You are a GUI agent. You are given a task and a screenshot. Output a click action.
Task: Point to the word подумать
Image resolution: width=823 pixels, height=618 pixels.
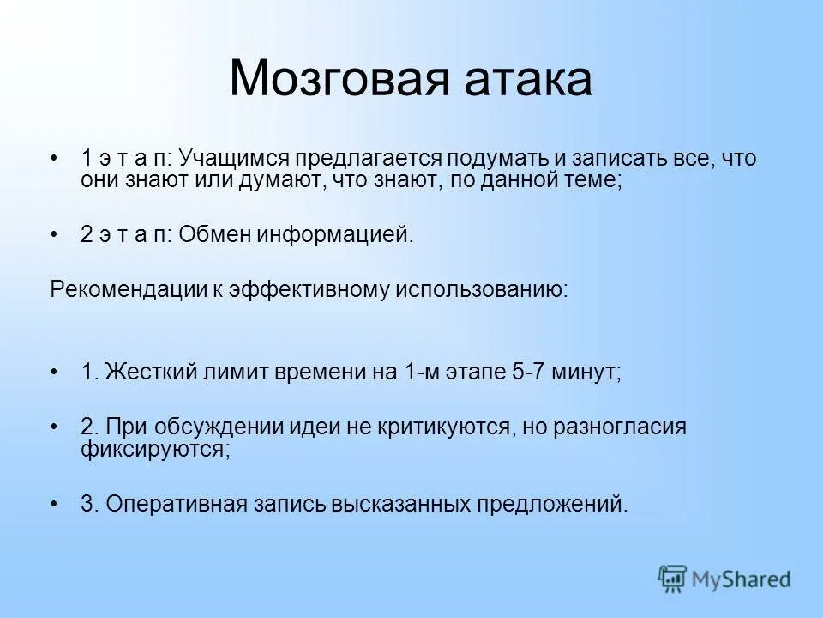tap(509, 159)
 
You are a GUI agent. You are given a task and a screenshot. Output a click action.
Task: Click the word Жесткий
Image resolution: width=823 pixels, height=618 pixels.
tap(152, 372)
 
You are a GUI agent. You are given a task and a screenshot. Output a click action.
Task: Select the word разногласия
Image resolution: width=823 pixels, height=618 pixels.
tap(622, 427)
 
